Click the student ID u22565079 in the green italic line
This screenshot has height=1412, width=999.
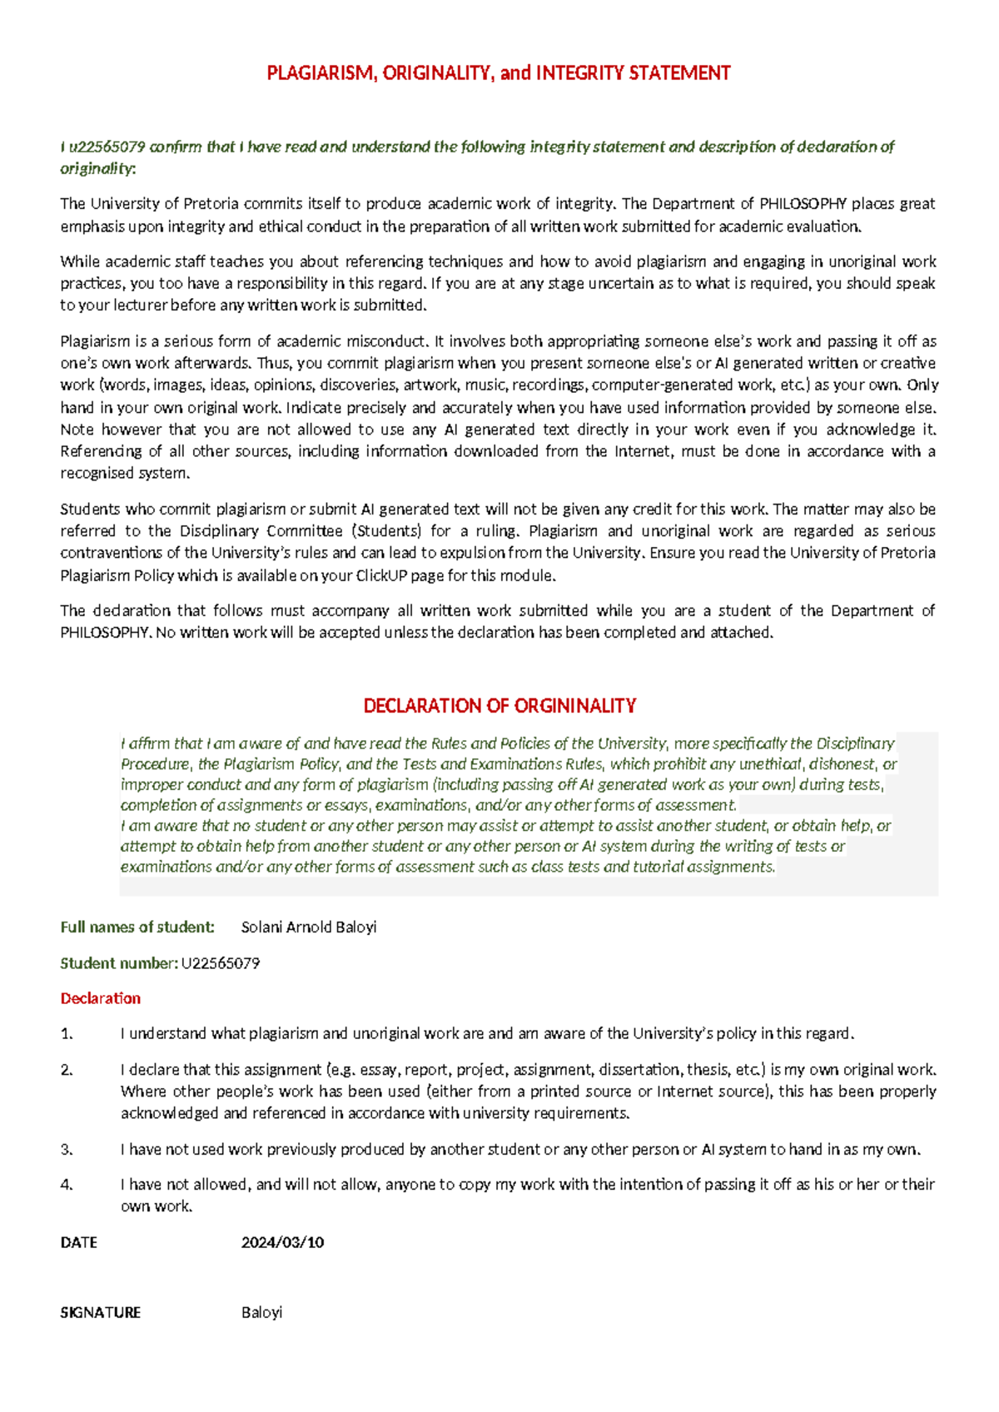107,147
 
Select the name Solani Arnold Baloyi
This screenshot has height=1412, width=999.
308,927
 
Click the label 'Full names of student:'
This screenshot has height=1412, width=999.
137,927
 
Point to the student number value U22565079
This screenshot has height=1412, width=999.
221,964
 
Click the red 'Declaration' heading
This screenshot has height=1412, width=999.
100,998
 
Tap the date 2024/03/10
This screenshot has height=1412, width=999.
282,1243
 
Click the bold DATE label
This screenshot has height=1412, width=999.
79,1243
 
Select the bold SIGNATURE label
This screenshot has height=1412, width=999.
100,1313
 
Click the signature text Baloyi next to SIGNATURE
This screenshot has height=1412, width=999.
261,1313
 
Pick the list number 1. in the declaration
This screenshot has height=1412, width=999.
67,1034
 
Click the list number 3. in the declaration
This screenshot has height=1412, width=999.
67,1150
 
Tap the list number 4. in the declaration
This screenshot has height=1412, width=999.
67,1185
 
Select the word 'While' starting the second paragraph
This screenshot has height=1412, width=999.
79,261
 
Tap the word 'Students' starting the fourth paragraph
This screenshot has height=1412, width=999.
90,510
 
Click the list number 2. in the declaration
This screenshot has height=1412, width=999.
67,1070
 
